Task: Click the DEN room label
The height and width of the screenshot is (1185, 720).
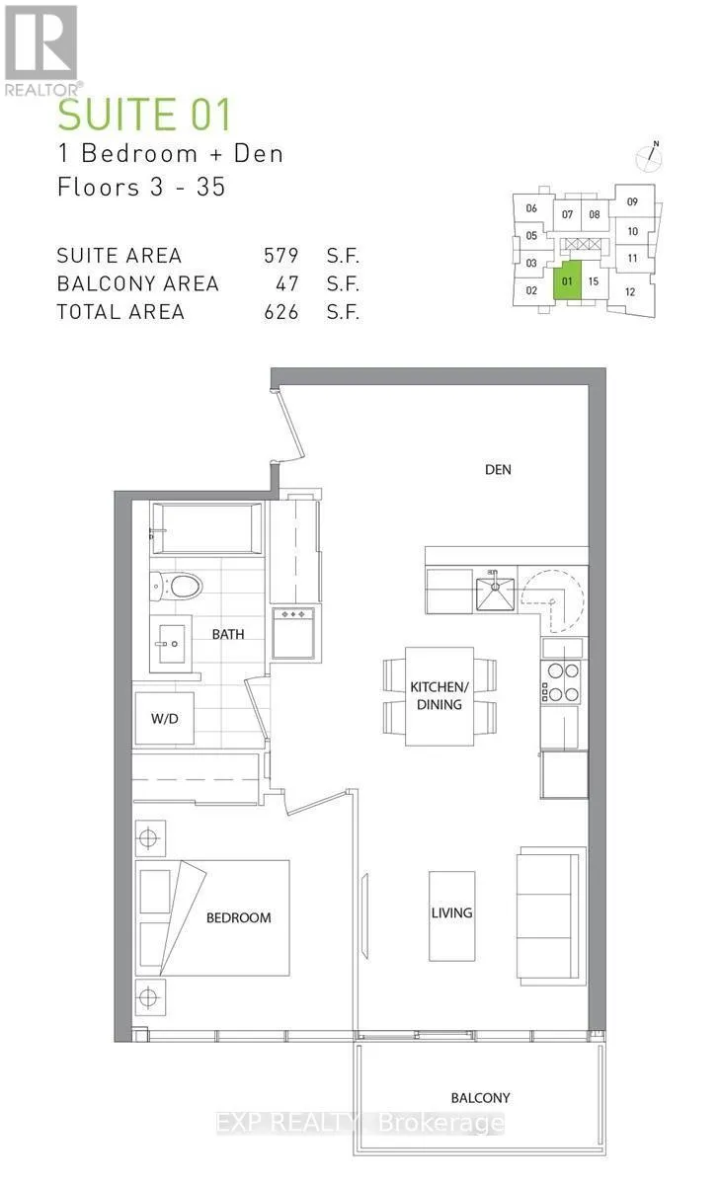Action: coord(498,470)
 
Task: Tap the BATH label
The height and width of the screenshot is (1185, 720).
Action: coord(228,634)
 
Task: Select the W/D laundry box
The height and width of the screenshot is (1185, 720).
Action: coord(165,719)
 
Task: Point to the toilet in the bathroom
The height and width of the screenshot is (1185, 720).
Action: coord(176,586)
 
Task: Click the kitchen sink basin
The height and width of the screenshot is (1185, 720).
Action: coord(495,593)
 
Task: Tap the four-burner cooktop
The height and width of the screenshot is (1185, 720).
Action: coord(561,682)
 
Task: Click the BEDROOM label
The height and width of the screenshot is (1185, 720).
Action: coord(239,917)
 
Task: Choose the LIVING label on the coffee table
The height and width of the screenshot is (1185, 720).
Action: coord(451,912)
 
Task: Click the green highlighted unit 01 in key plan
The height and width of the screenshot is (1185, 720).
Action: coord(567,280)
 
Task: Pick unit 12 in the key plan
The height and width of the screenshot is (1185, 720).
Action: coord(630,292)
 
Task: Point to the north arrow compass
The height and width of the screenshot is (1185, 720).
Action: coord(649,157)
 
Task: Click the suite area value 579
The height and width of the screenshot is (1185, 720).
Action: coord(281,256)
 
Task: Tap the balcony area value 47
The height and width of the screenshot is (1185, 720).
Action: coord(287,284)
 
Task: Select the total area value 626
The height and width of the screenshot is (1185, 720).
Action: coord(281,312)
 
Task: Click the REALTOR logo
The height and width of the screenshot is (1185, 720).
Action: coord(41,50)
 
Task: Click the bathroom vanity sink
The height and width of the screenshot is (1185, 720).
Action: coord(170,644)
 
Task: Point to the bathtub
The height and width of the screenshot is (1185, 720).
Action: coord(206,528)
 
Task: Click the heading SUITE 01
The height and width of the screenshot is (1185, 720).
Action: coord(144,115)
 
